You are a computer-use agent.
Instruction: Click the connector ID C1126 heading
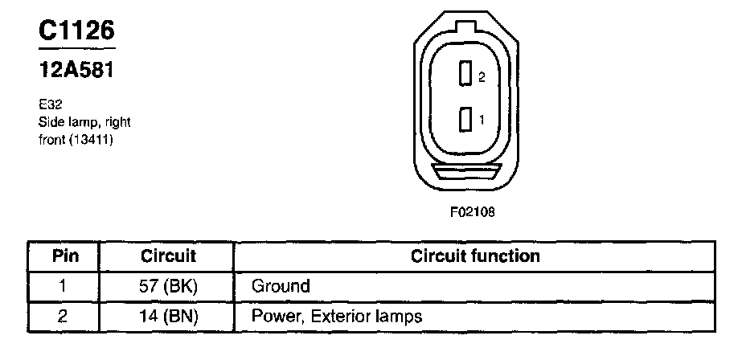[77, 31]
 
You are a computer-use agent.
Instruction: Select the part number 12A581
[76, 71]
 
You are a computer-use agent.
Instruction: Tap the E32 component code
[49, 104]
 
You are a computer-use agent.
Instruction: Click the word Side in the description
[50, 122]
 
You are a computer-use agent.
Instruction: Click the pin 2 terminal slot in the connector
[464, 75]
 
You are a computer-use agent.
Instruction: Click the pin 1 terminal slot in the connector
[464, 120]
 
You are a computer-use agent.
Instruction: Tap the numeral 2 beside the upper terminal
[481, 77]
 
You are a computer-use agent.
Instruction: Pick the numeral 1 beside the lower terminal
[481, 120]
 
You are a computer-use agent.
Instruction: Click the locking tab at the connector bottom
[465, 172]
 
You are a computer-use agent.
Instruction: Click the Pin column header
[64, 256]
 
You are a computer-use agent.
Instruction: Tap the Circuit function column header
[475, 256]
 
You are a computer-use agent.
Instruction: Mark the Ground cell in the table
[281, 286]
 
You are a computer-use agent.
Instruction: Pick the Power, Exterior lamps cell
[337, 316]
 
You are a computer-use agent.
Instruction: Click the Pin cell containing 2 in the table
[64, 316]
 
